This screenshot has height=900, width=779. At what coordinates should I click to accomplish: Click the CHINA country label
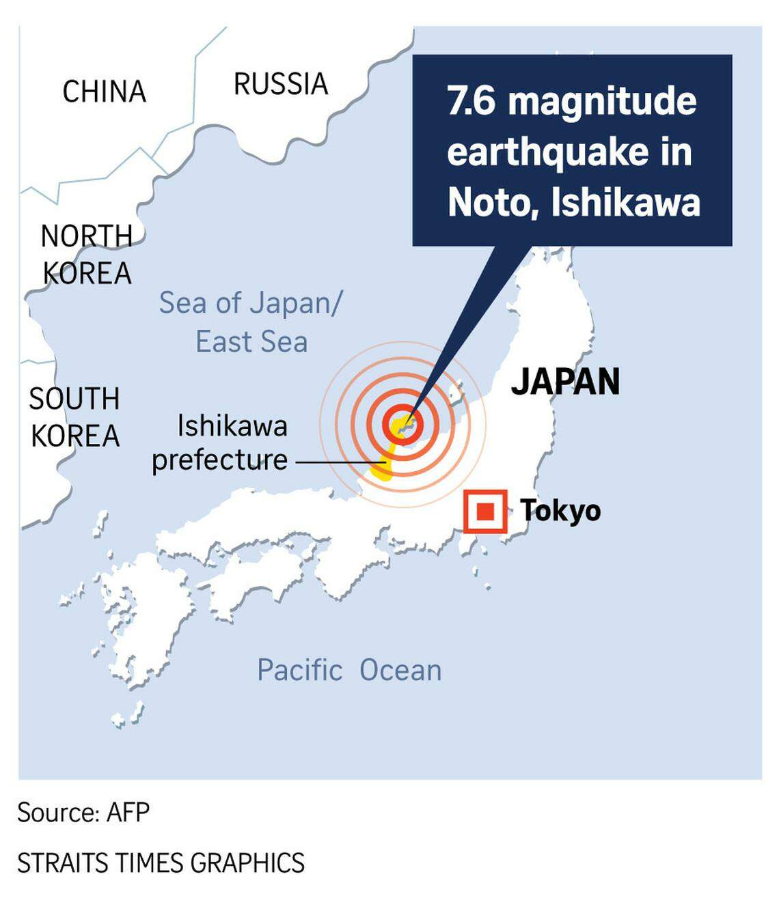[x=104, y=92]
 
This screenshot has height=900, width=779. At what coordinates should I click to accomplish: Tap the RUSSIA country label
[x=281, y=85]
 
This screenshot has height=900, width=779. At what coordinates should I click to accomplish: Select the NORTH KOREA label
[x=87, y=255]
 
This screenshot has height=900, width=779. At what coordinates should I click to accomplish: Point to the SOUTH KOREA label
[x=74, y=417]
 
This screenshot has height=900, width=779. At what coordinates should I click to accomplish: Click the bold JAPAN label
[x=565, y=382]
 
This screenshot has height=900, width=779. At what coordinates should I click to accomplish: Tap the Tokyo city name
[x=560, y=511]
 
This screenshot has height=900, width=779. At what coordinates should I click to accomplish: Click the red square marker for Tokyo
[x=485, y=511]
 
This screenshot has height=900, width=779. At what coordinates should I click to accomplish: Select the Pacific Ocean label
[x=349, y=671]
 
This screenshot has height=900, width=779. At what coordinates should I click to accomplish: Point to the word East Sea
[x=251, y=341]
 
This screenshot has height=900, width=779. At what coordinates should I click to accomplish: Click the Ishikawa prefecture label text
[x=220, y=442]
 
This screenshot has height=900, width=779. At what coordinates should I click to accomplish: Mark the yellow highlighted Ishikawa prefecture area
[x=383, y=468]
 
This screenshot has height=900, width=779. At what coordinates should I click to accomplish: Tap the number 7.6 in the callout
[x=471, y=101]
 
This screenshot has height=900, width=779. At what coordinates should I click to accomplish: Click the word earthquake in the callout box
[x=547, y=152]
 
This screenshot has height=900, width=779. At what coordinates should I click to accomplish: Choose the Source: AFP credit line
[x=83, y=813]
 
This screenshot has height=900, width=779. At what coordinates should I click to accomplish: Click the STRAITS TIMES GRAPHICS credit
[x=161, y=863]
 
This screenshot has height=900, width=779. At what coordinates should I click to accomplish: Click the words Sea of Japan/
[x=250, y=303]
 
